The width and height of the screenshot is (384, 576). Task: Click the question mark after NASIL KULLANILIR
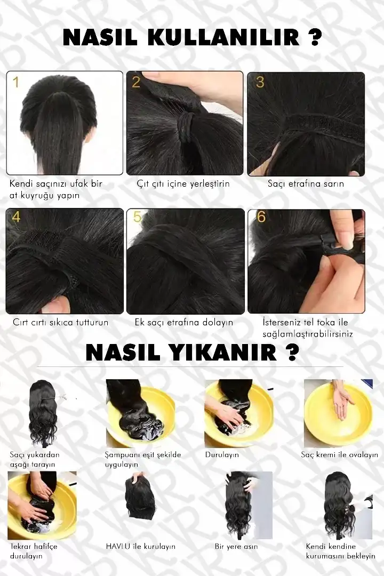coord(315,37)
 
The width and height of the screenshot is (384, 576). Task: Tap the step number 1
coord(15,82)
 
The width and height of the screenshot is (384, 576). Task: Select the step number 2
coord(136,82)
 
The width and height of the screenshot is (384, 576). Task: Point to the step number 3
coord(260,82)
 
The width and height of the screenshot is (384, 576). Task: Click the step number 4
coord(16,217)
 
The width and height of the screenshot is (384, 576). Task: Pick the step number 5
coord(138,217)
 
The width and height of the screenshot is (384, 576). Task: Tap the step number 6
coord(261,217)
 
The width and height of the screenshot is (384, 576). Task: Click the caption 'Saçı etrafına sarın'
coord(306,183)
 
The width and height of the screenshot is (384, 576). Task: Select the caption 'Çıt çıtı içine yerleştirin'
coord(183,183)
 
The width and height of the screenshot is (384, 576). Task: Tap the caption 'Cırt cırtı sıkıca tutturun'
coord(61,323)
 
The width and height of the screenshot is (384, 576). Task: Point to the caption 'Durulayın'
coord(222,455)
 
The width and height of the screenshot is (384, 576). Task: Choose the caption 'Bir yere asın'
coord(236,547)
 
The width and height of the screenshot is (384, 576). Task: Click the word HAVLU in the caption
coord(118,546)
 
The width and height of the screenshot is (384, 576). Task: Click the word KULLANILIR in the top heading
coord(224,37)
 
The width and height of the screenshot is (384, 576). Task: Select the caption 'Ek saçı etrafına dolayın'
coord(183,323)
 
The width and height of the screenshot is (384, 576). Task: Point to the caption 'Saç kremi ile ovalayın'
coord(339,455)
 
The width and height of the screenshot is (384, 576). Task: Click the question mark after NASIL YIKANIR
coord(292,353)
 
